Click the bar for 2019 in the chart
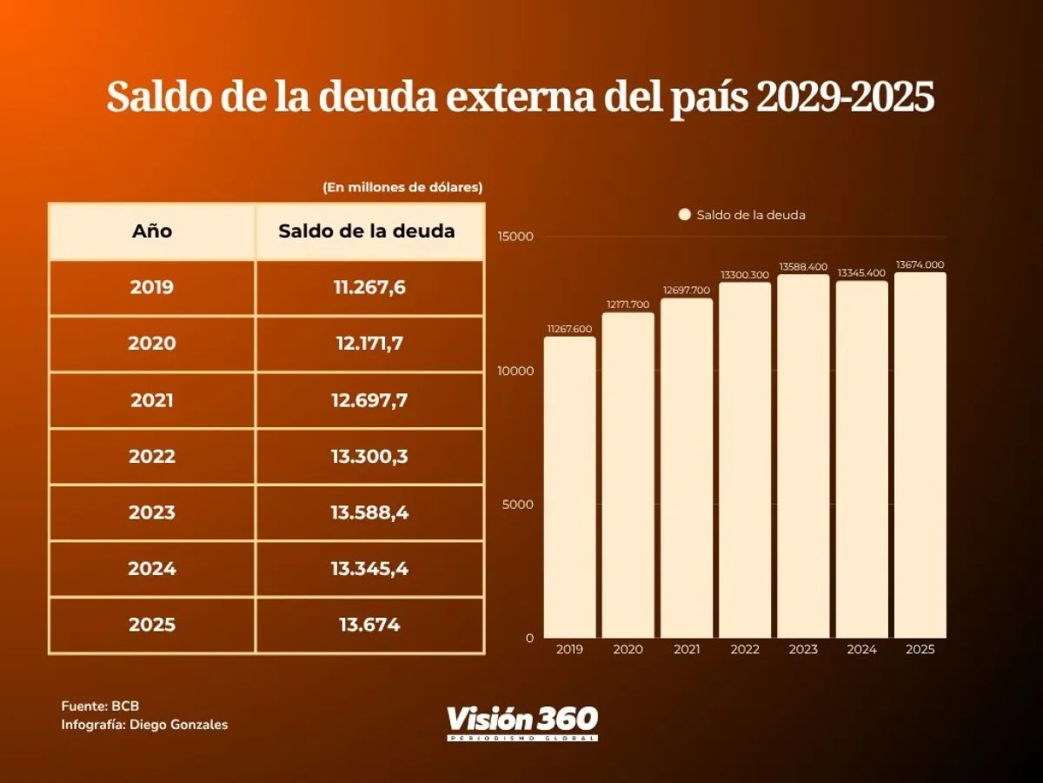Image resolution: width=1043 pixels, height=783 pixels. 569,487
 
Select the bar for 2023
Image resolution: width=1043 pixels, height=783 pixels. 803,457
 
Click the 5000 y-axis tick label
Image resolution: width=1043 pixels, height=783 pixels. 519,505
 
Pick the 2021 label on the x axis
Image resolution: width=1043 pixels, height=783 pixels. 687,649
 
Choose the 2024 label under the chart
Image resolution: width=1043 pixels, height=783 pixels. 861,649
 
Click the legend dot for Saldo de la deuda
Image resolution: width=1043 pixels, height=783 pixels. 684,215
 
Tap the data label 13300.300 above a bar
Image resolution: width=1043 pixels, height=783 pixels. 745,275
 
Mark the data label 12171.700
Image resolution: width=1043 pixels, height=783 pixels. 628,305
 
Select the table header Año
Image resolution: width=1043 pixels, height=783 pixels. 152,231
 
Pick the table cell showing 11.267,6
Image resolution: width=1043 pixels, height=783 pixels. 369,287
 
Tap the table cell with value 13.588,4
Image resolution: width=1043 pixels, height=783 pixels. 369,512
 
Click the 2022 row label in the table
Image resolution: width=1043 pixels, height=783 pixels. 152,456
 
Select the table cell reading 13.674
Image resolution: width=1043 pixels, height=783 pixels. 369,625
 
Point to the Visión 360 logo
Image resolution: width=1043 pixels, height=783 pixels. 522,721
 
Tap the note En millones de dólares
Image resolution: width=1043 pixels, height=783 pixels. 402,187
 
